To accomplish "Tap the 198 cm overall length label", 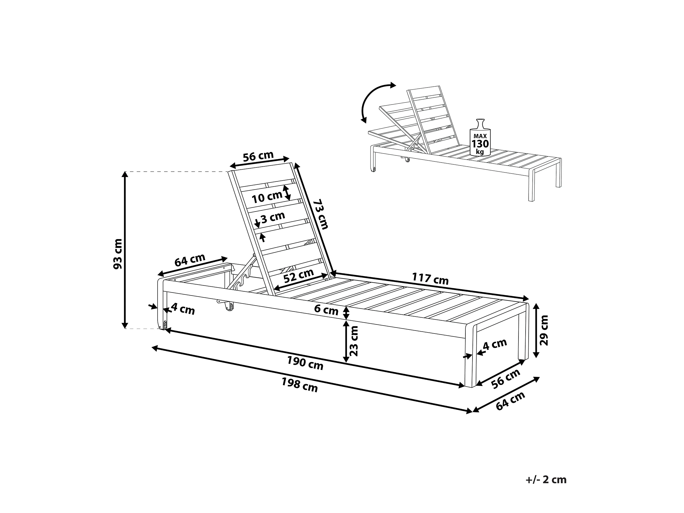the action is click(x=299, y=385).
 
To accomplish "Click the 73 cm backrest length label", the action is click(x=321, y=214).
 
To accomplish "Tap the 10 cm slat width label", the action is click(x=266, y=197).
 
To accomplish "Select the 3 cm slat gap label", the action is click(x=273, y=218).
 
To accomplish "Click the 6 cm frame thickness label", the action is click(x=326, y=309).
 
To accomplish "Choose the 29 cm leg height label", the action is click(x=544, y=330).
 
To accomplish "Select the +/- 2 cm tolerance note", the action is click(x=546, y=480).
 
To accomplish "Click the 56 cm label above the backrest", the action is click(x=258, y=156).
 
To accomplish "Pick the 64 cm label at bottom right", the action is click(x=510, y=401).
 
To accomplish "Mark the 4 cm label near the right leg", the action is click(x=495, y=344).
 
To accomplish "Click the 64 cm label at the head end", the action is click(x=190, y=260).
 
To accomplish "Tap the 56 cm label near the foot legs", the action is click(x=506, y=378).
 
